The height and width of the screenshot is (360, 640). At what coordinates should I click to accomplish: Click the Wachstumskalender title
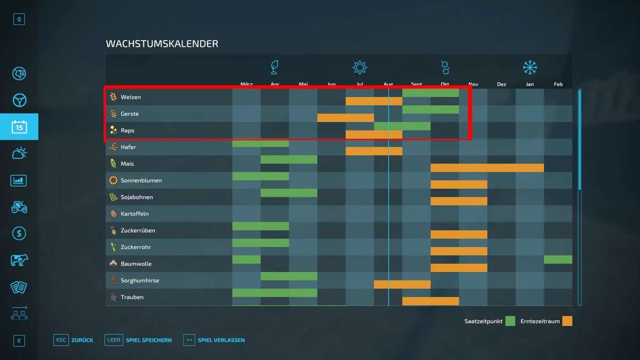click(162, 44)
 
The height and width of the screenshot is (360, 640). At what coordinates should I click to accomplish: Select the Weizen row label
click(131, 97)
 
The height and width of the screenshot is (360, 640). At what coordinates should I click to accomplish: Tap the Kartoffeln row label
click(134, 214)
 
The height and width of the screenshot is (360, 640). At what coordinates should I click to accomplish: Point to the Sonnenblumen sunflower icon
click(113, 180)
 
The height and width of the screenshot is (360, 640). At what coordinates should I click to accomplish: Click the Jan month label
click(530, 84)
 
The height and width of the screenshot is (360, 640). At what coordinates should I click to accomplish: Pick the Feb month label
click(558, 84)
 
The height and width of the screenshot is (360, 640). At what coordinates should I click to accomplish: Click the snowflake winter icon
click(530, 68)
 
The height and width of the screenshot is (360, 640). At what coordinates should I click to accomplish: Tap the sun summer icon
click(360, 68)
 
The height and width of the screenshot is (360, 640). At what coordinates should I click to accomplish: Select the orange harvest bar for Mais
click(487, 168)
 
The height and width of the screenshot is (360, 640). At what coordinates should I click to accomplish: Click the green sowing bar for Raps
click(402, 126)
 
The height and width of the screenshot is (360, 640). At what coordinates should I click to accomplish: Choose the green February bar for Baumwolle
click(558, 260)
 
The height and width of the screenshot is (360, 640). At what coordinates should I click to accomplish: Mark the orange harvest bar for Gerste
click(346, 118)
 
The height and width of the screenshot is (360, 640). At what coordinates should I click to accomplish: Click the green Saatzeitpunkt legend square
click(510, 321)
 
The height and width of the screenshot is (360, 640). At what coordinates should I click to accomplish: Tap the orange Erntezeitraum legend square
click(567, 321)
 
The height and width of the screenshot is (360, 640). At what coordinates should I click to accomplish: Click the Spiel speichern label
click(149, 340)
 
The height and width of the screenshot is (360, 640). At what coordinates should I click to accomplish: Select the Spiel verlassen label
click(221, 340)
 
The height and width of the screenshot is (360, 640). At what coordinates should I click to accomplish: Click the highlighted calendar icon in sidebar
click(19, 127)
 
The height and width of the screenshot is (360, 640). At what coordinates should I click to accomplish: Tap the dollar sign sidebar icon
click(19, 233)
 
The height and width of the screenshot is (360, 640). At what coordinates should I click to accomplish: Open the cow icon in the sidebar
click(19, 260)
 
